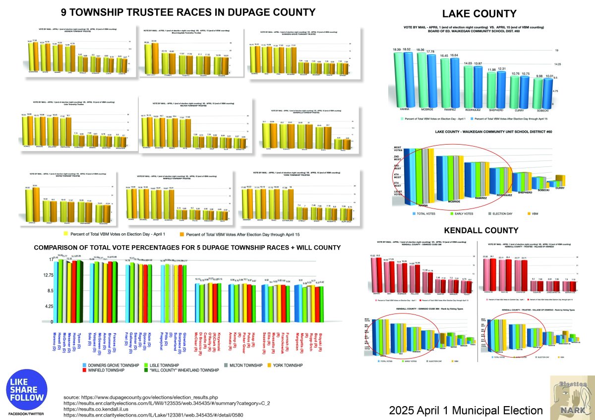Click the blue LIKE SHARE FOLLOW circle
click(26, 387)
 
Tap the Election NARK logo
click(570, 397)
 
